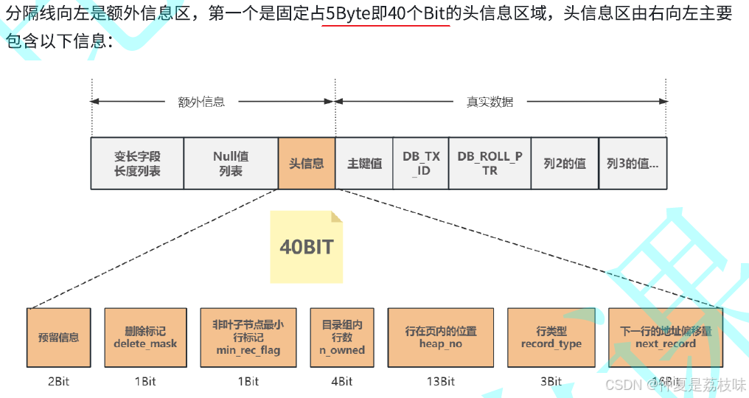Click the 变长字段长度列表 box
pos(137,164)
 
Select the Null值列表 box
pos(231,164)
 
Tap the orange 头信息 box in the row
pos(306,164)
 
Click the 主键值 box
pos(364,164)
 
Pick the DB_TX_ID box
pos(421,164)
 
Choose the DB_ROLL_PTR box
pos(490,164)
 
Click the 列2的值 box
pos(565,164)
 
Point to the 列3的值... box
pos(633,164)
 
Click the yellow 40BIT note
pos(307,247)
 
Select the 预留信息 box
pos(59,338)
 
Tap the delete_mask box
pos(145,338)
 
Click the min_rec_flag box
pos(248,338)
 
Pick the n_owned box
pos(342,338)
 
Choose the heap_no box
pos(441,338)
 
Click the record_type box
pos(551,338)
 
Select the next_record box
pos(665,338)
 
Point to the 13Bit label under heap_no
pos(440,381)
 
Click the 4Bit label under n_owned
pos(342,381)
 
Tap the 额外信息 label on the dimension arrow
pos(201,102)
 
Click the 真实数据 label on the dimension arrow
pos(490,102)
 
